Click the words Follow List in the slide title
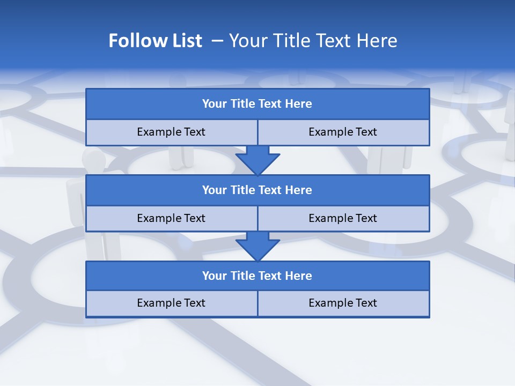coord(156,41)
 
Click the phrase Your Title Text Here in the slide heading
coord(313,41)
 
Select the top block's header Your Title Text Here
coord(257,104)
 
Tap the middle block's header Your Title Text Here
coord(257,190)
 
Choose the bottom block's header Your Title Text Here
coord(257,276)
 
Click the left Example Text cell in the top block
coord(171,132)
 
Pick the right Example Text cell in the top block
coord(343,132)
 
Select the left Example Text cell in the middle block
coord(171,218)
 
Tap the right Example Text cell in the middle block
coord(343,218)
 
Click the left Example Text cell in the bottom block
coord(171,303)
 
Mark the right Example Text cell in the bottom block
coord(343,303)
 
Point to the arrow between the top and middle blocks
coord(257,160)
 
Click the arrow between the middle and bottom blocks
coord(257,246)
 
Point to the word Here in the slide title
coord(379,41)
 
